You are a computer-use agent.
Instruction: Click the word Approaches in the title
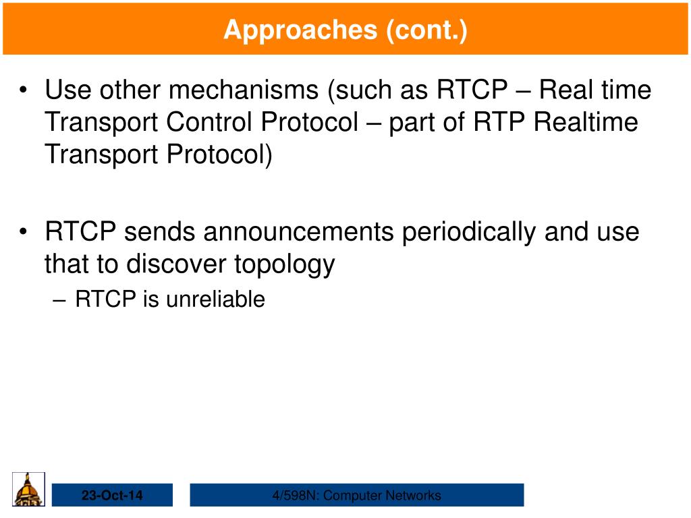coord(300,30)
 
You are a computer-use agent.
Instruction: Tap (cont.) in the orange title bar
coord(426,30)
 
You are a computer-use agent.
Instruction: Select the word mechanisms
coord(244,90)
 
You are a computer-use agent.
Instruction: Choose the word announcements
coord(298,231)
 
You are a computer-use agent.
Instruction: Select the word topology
coord(284,265)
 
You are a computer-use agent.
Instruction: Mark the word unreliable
coord(215,299)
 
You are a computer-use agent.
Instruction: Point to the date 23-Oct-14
coord(112,495)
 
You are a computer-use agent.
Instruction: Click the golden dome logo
coord(28,489)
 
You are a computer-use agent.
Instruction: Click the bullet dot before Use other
coord(24,90)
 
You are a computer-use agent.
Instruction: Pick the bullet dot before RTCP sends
coord(24,232)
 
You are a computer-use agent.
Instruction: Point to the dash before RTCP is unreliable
coord(59,301)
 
